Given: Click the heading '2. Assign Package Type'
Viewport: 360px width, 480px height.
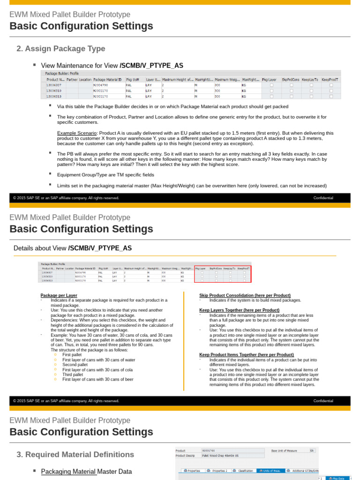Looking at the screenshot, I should (60, 49).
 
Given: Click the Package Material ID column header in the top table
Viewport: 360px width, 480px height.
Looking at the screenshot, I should (107, 80).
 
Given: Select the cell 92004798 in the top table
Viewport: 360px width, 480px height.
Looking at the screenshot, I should (101, 85).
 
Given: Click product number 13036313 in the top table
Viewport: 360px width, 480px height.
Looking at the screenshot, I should (54, 97).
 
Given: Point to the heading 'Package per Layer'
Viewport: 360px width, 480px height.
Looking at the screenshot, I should (59, 295).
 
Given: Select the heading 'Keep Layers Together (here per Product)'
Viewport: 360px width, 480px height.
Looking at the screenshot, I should (239, 310).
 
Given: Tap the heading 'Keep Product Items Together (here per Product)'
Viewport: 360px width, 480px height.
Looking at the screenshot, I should (247, 355).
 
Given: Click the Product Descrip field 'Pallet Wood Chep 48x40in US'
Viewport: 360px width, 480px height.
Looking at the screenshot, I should (220, 456).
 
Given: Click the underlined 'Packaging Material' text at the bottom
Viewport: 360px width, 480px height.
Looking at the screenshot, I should (68, 472).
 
